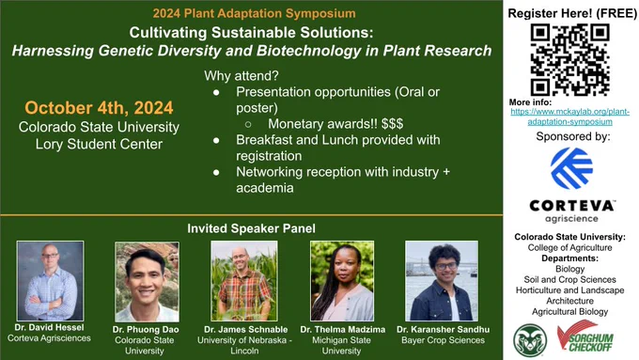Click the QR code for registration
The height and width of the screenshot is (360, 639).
(x=570, y=59)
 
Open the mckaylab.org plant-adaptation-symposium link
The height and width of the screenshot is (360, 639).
(x=570, y=117)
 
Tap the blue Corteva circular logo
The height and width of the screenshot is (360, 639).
(x=571, y=168)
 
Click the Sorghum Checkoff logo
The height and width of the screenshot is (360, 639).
(x=585, y=337)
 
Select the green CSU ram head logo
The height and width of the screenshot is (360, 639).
(x=530, y=340)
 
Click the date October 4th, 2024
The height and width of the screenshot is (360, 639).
(x=99, y=108)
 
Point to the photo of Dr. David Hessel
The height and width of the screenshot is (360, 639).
(x=50, y=281)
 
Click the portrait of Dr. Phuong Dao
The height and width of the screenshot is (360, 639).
(x=147, y=282)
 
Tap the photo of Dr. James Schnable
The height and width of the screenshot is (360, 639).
(x=244, y=281)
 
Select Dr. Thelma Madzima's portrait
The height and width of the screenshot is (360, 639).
(x=342, y=281)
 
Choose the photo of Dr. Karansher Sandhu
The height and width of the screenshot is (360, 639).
(x=442, y=281)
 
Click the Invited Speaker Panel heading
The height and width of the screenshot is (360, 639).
(x=252, y=228)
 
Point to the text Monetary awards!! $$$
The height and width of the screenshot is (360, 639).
(x=335, y=123)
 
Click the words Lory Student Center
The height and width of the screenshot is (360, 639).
(x=99, y=144)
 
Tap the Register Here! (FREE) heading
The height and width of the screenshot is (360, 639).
(x=572, y=13)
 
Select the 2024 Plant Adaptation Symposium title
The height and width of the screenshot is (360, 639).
(x=255, y=13)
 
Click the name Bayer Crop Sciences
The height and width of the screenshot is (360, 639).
(x=443, y=340)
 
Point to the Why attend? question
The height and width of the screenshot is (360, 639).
(x=242, y=76)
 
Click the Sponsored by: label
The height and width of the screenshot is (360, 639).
(x=573, y=136)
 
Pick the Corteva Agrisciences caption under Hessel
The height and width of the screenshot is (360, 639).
(x=49, y=338)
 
